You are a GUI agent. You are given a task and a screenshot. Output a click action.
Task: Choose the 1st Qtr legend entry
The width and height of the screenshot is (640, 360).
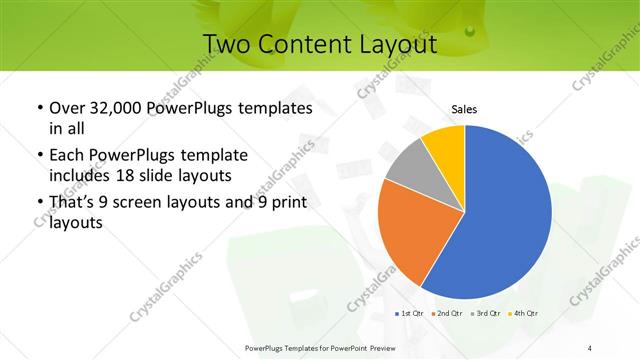[408, 314]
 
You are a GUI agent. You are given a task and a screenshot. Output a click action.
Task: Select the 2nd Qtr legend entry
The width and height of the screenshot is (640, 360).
[447, 314]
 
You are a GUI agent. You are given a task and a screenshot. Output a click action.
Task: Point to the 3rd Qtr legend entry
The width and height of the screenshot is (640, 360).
[486, 314]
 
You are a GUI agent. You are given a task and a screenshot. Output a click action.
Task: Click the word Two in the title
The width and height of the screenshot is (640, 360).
[226, 44]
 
